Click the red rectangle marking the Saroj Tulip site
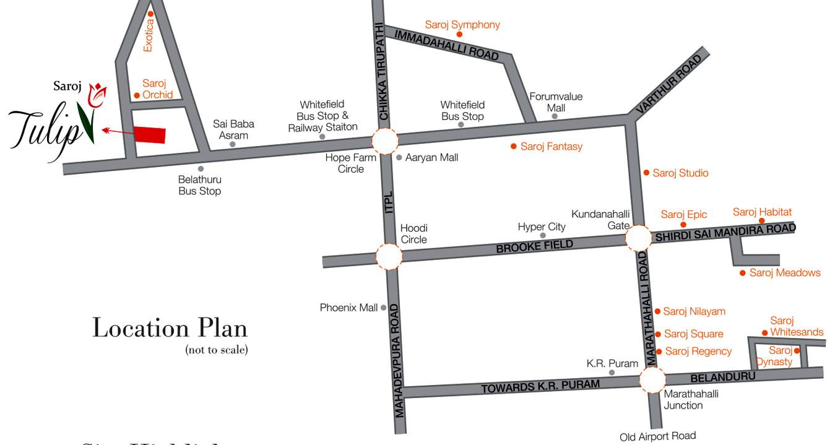150,134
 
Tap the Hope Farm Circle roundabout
385,140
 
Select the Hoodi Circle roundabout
389,256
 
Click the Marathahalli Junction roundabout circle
652,379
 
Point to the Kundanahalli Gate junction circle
638,238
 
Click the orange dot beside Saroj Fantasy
513,147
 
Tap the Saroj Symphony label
462,25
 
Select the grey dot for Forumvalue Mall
555,116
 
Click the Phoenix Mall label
349,308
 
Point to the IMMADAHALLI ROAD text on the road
447,44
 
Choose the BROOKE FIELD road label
534,246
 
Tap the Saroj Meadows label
784,273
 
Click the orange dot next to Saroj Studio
646,173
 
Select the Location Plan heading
170,328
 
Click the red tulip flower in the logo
97,94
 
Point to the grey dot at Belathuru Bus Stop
201,168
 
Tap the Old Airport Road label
657,436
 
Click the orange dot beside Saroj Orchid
137,95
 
